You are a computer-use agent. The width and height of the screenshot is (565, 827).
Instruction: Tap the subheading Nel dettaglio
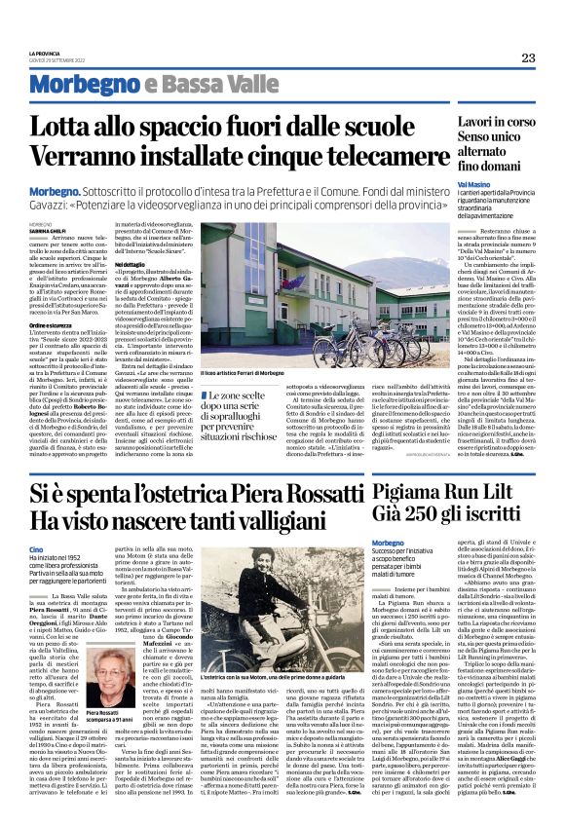coord(131,264)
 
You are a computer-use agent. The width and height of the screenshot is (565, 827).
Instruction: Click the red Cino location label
coord(37,550)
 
